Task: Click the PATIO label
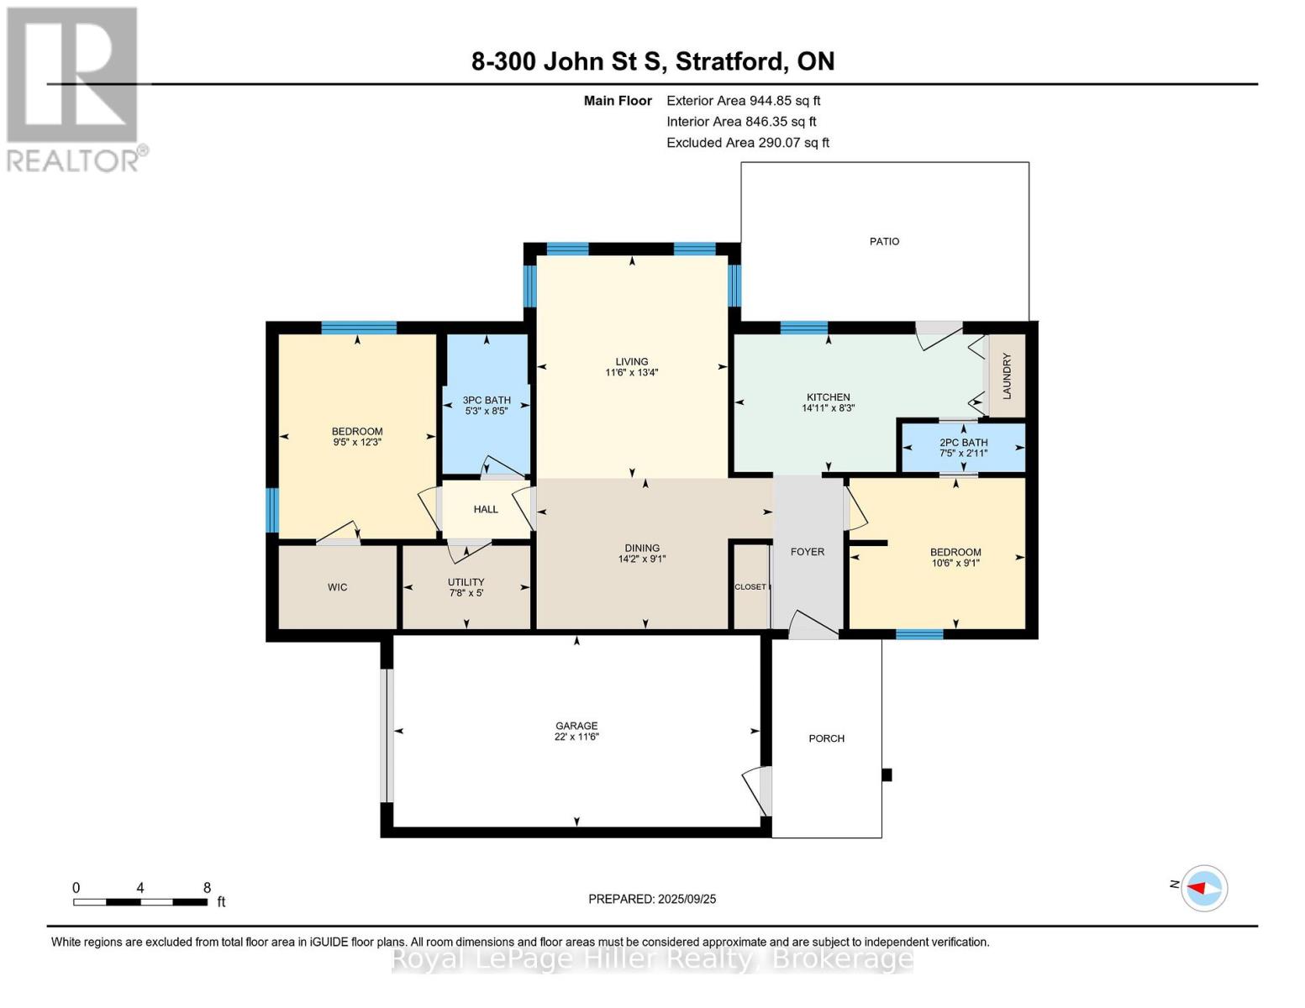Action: click(x=884, y=241)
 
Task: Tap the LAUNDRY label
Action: click(x=1007, y=375)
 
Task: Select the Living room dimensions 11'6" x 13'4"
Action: click(x=631, y=372)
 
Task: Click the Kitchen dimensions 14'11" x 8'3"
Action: click(x=829, y=407)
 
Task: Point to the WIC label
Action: click(x=337, y=587)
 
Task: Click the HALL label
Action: click(x=485, y=509)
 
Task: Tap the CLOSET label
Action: click(x=750, y=586)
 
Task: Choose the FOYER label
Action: click(x=808, y=552)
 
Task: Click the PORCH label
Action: click(x=826, y=738)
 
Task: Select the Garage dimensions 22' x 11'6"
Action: click(x=576, y=737)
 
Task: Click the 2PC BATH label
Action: click(x=963, y=443)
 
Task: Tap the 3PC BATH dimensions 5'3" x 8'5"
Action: click(x=487, y=411)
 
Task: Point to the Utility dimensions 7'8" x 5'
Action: click(x=466, y=592)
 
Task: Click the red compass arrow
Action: click(x=1197, y=888)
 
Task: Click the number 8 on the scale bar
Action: click(x=208, y=887)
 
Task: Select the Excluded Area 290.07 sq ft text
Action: click(x=748, y=142)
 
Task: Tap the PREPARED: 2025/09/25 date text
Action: click(x=652, y=899)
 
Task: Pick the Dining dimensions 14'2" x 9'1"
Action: click(x=642, y=559)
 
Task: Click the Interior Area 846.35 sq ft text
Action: click(x=741, y=121)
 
